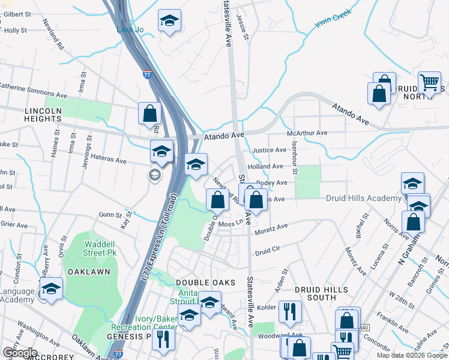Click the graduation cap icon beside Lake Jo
coord(169,22)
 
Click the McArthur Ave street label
coord(307,133)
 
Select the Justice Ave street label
coord(269,150)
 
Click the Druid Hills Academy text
coord(363,199)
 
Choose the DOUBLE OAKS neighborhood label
coord(200,282)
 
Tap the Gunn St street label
coord(110,214)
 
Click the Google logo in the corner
coord(19,352)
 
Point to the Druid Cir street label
coord(268,248)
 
